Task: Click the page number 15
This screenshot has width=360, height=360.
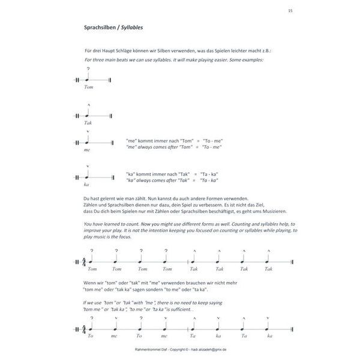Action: tap(290, 10)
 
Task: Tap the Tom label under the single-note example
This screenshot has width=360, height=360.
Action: tap(89, 88)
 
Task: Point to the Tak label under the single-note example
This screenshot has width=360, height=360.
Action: tap(88, 122)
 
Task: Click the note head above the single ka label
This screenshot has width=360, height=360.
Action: tap(88, 177)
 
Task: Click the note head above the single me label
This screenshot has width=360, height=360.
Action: tap(88, 143)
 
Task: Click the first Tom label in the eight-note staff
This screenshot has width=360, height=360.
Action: tap(91, 270)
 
